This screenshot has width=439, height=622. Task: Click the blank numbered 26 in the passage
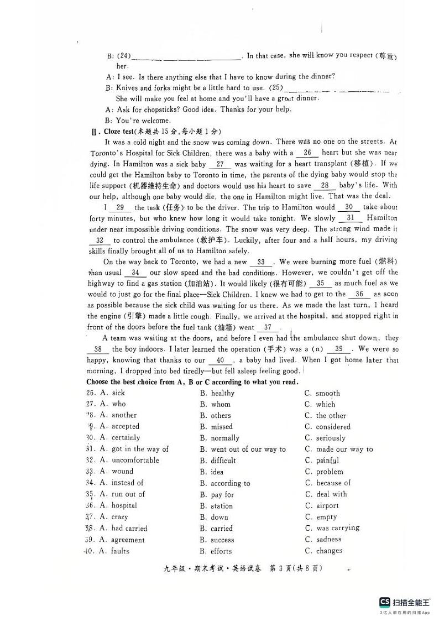pos(307,153)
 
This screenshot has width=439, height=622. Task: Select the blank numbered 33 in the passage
pos(261,262)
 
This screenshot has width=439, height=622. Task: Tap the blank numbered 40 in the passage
pos(220,360)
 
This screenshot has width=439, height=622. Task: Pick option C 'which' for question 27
pos(325,404)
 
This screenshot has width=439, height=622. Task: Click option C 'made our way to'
pos(344,449)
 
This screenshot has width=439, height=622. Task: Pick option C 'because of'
pos(333,483)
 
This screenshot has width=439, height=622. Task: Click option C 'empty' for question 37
pos(326,517)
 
